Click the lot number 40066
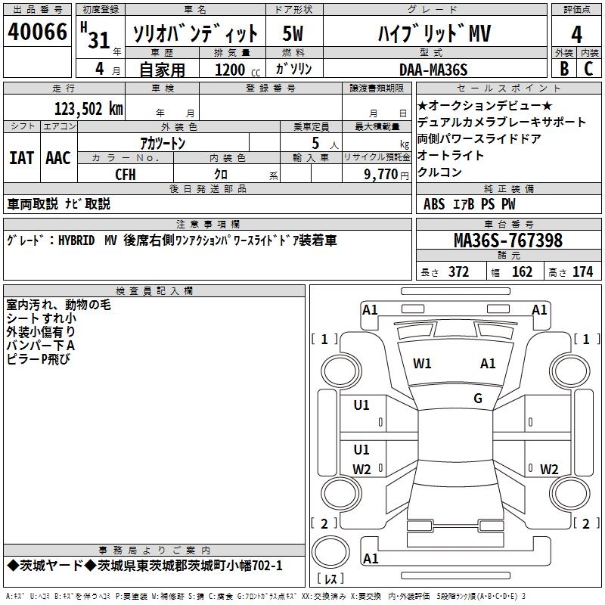pyautogui.click(x=37, y=32)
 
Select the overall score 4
pyautogui.click(x=576, y=35)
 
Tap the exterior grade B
pyautogui.click(x=564, y=69)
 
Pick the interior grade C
pyautogui.click(x=588, y=69)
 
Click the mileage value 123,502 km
pyautogui.click(x=88, y=109)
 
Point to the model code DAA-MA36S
pyautogui.click(x=433, y=70)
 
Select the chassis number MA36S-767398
pyautogui.click(x=507, y=240)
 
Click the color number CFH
pyautogui.click(x=126, y=175)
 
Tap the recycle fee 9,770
pyautogui.click(x=380, y=174)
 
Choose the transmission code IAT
pyautogui.click(x=22, y=158)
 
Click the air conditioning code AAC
pyautogui.click(x=58, y=158)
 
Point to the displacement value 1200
pyautogui.click(x=230, y=70)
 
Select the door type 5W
pyautogui.click(x=293, y=33)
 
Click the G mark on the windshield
pyautogui.click(x=478, y=399)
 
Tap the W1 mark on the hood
pyautogui.click(x=422, y=364)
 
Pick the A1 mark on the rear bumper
pyautogui.click(x=371, y=558)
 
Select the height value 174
pyautogui.click(x=582, y=272)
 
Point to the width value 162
pyautogui.click(x=522, y=272)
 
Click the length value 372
pyautogui.click(x=459, y=272)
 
